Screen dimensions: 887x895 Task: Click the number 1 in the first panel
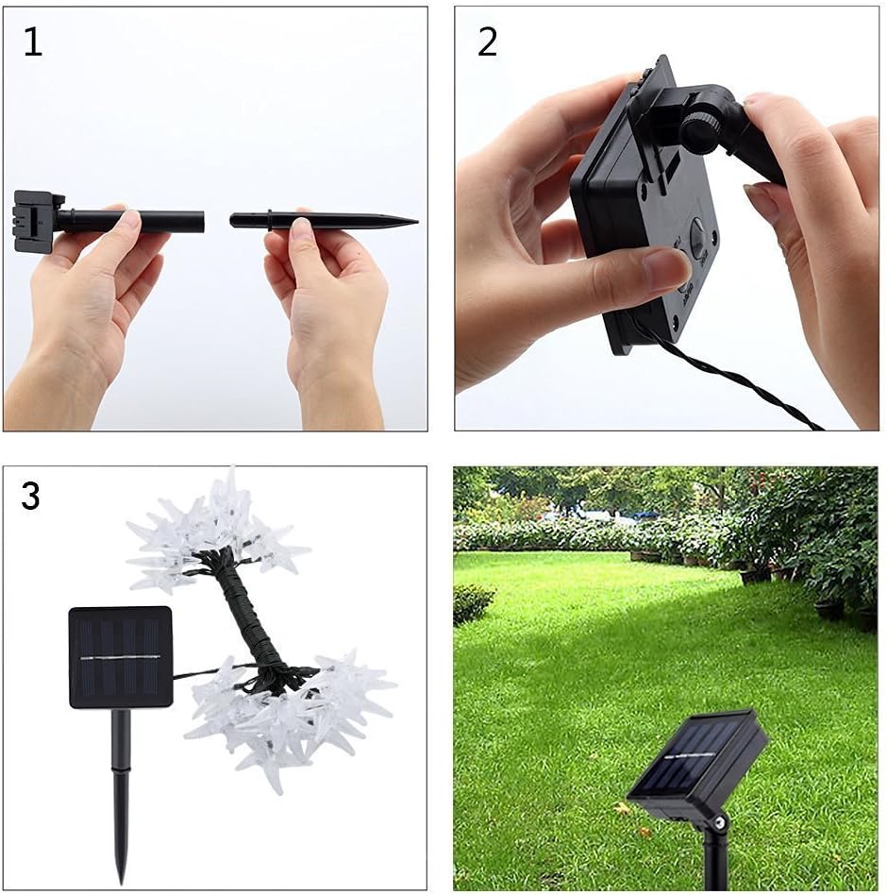tap(33, 42)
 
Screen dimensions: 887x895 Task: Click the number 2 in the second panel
tap(487, 42)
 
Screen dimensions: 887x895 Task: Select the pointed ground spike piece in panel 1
tap(324, 221)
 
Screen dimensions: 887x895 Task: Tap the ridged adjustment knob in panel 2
tap(701, 132)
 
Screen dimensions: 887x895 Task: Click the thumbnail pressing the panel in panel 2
tap(663, 265)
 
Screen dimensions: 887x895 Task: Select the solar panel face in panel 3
tap(121, 657)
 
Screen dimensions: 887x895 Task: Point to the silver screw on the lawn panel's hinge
tap(720, 821)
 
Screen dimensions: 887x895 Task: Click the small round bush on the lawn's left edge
tap(473, 603)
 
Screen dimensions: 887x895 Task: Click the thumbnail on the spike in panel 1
tap(302, 229)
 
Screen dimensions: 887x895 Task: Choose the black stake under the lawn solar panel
tap(714, 856)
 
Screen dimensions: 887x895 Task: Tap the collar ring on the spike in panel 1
tap(269, 220)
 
